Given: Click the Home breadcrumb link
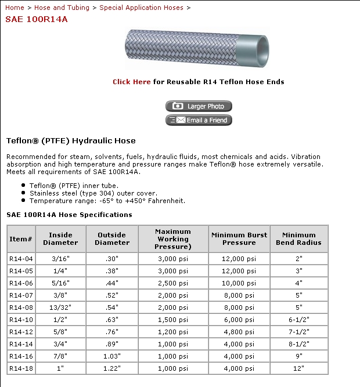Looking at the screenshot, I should click(x=15, y=8).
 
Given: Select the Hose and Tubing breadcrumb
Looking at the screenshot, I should click(x=62, y=8).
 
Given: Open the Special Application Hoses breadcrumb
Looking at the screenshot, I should click(x=141, y=8).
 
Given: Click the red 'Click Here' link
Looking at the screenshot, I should click(x=132, y=82).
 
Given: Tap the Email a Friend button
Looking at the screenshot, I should click(x=199, y=120).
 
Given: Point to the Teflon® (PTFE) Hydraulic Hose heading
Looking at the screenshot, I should click(x=71, y=140).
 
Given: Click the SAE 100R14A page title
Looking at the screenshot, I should click(x=37, y=19).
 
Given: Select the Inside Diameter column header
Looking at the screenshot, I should click(x=60, y=239).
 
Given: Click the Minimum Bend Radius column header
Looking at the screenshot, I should click(x=298, y=239).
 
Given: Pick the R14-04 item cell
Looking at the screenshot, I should click(x=21, y=259).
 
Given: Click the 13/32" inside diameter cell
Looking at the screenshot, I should click(x=60, y=308).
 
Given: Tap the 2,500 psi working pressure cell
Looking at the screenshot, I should click(x=173, y=283).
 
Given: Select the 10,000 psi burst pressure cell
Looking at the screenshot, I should click(x=239, y=283).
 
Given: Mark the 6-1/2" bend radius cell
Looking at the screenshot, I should click(x=298, y=320).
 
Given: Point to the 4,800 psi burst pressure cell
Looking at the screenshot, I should click(x=239, y=332).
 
